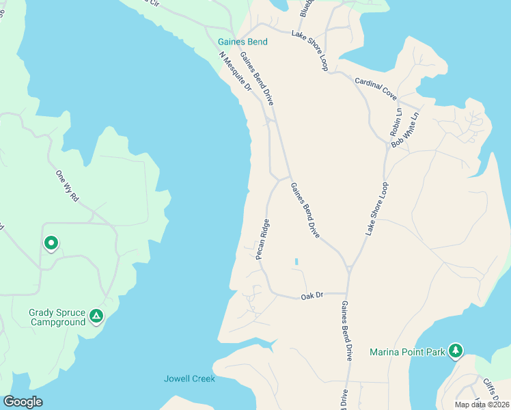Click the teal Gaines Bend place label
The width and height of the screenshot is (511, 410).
pyautogui.click(x=243, y=42)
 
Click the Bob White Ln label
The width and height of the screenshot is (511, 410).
pyautogui.click(x=404, y=131)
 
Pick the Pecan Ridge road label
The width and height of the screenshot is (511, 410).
pyautogui.click(x=262, y=239)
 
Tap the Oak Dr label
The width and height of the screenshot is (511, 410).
pyautogui.click(x=311, y=297)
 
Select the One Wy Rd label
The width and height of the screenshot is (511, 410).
pyautogui.click(x=68, y=185)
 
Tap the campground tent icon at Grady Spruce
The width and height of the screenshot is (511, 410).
pyautogui.click(x=96, y=316)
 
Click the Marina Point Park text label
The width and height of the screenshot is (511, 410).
pyautogui.click(x=407, y=352)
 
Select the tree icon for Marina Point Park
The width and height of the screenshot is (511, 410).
pyautogui.click(x=456, y=351)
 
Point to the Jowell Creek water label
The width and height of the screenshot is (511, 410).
pyautogui.click(x=189, y=379)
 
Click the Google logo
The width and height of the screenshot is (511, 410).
pyautogui.click(x=23, y=402)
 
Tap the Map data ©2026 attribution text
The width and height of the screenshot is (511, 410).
pyautogui.click(x=482, y=404)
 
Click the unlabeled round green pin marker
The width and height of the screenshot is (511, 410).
pyautogui.click(x=51, y=243)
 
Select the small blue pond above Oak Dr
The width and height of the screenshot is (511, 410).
pyautogui.click(x=296, y=261)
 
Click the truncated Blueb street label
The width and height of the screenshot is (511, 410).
pyautogui.click(x=305, y=8)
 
